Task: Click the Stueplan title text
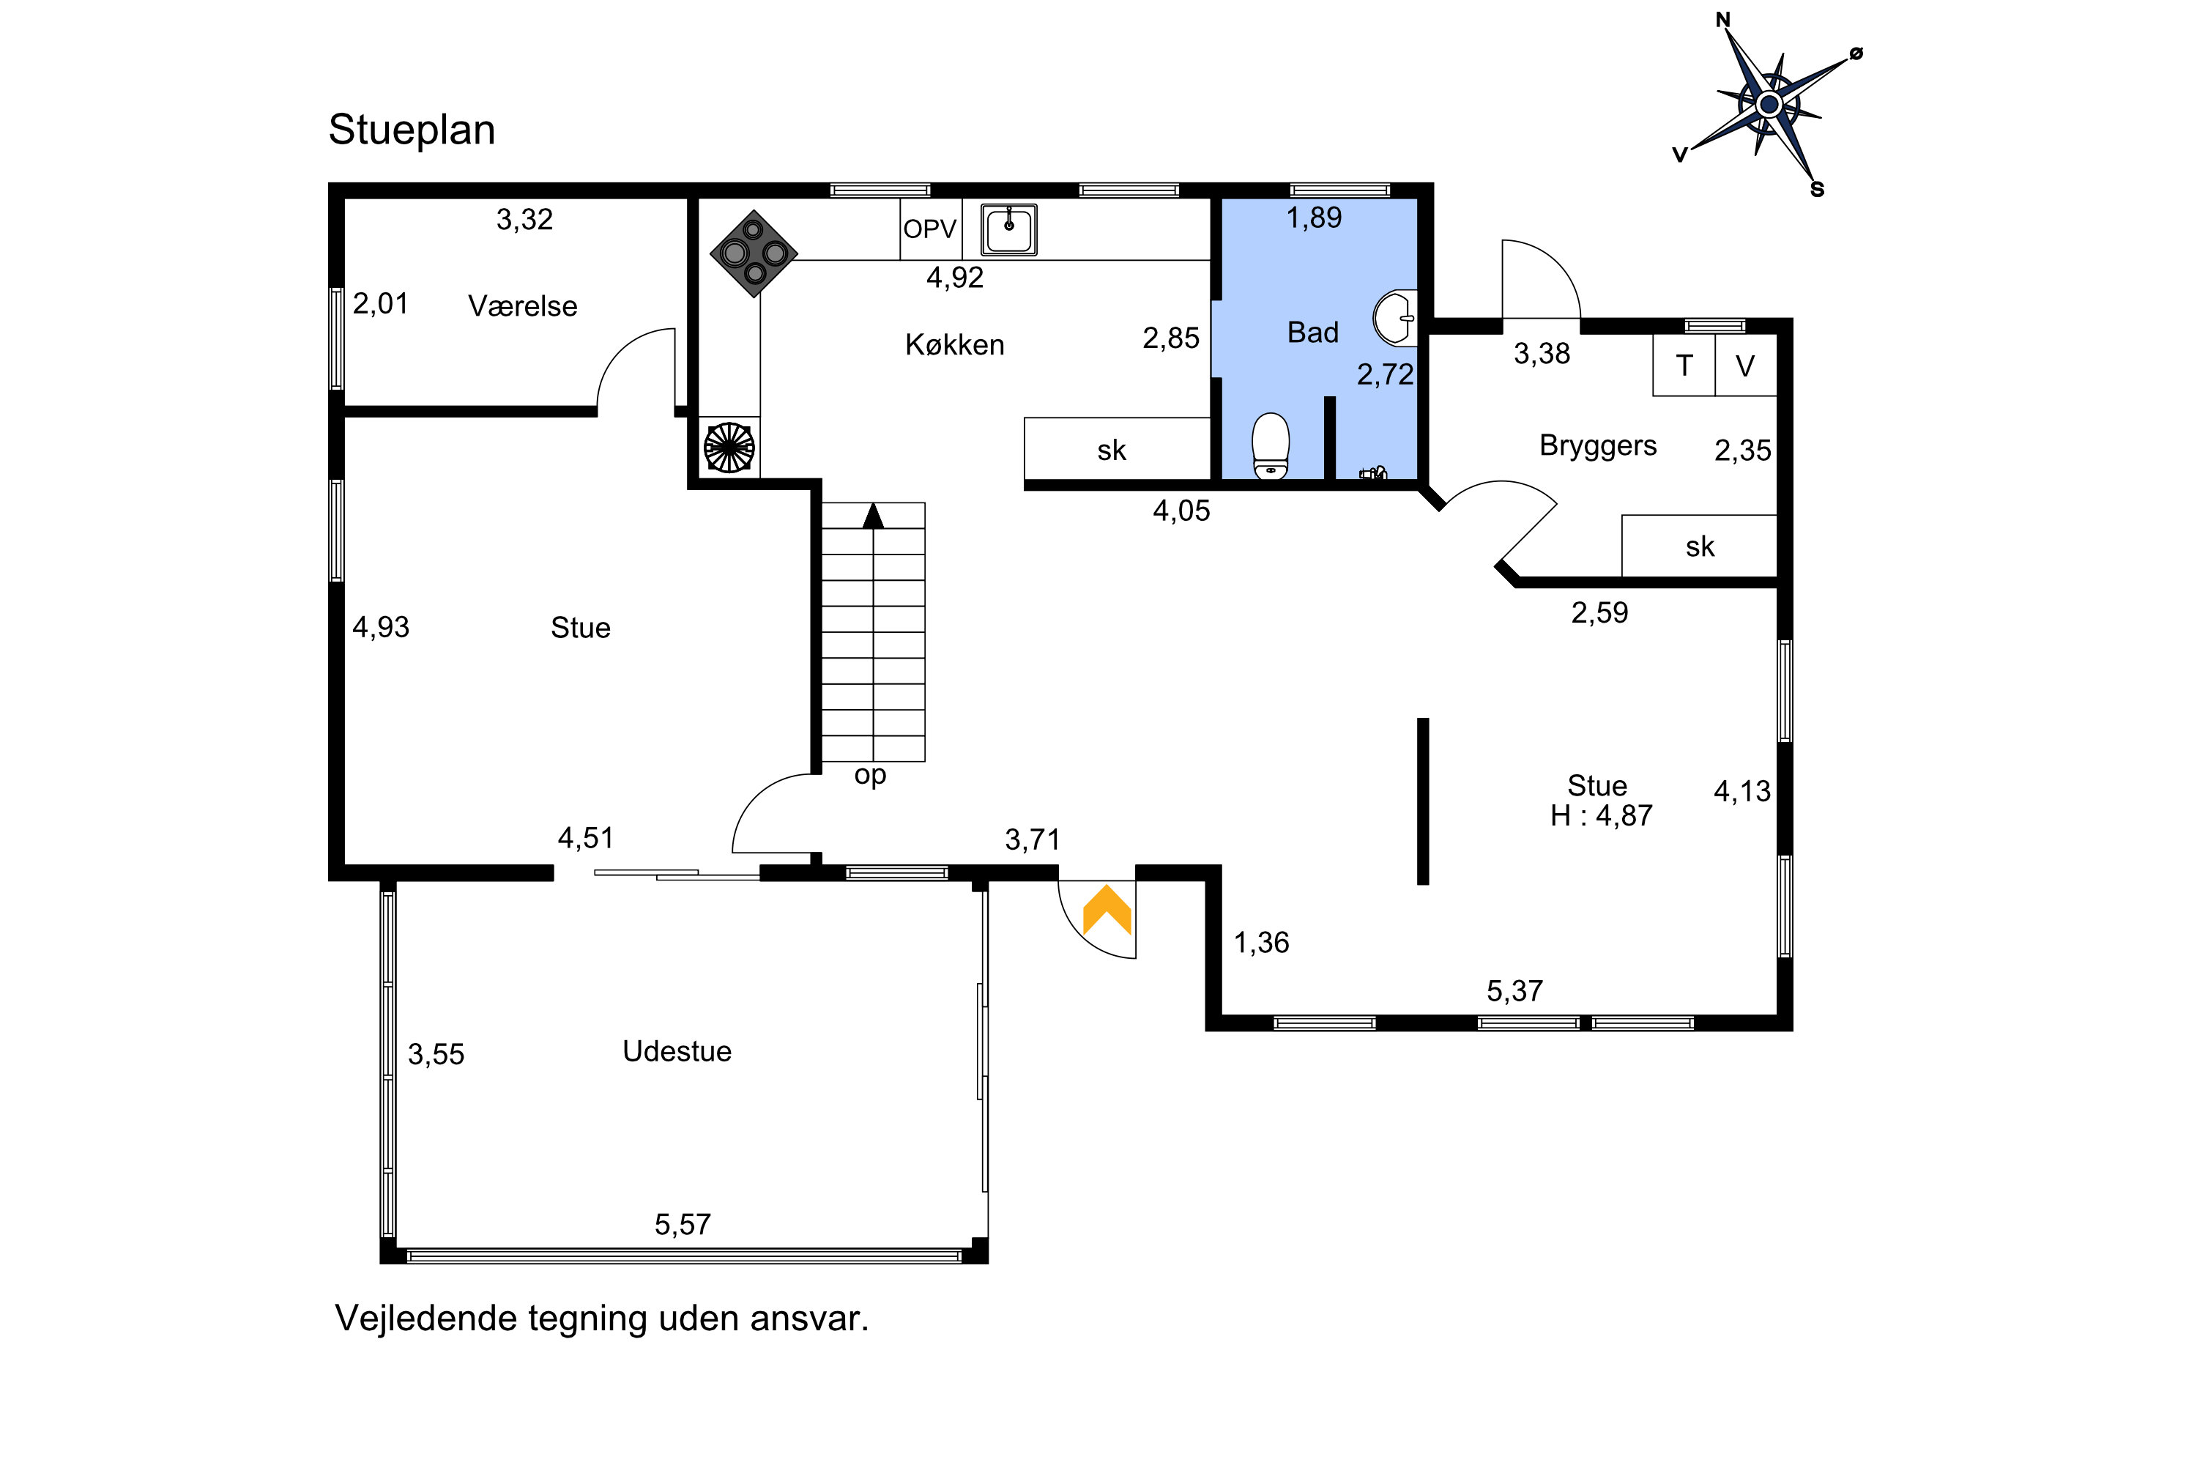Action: click(412, 130)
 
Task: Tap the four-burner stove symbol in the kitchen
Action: click(754, 253)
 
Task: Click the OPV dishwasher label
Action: click(930, 229)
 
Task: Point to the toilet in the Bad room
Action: click(1271, 445)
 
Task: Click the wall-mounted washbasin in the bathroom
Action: click(1396, 318)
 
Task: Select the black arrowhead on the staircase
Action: click(874, 516)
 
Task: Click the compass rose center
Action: click(1769, 104)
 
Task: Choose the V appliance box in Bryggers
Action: click(1745, 366)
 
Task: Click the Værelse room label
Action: click(522, 306)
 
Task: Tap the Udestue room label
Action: click(677, 1051)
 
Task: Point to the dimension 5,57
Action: click(683, 1224)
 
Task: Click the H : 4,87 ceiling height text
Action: click(1601, 816)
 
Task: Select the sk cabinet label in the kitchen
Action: click(1112, 450)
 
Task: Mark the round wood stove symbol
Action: click(729, 448)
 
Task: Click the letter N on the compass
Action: click(1723, 20)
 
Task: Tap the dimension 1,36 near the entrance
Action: click(1261, 943)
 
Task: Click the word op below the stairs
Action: click(870, 776)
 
